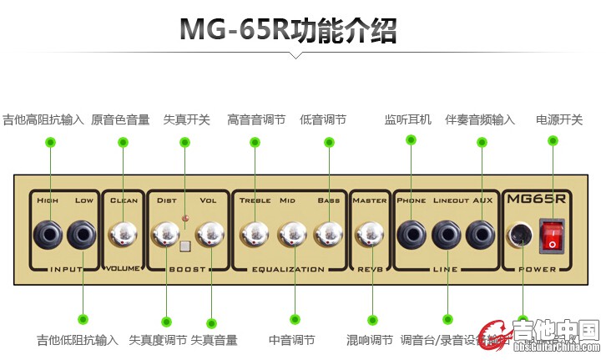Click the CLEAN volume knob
click(x=124, y=235)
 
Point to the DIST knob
click(x=165, y=235)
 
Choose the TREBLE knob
click(x=254, y=235)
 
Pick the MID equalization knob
click(x=293, y=235)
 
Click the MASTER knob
click(x=370, y=235)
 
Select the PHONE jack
click(x=411, y=235)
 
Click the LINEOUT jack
click(x=447, y=235)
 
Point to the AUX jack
click(x=480, y=235)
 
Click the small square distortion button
click(x=186, y=246)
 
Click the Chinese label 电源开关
click(x=558, y=119)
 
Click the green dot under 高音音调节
click(x=254, y=142)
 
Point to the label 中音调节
click(x=291, y=340)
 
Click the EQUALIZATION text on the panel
click(x=288, y=270)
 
